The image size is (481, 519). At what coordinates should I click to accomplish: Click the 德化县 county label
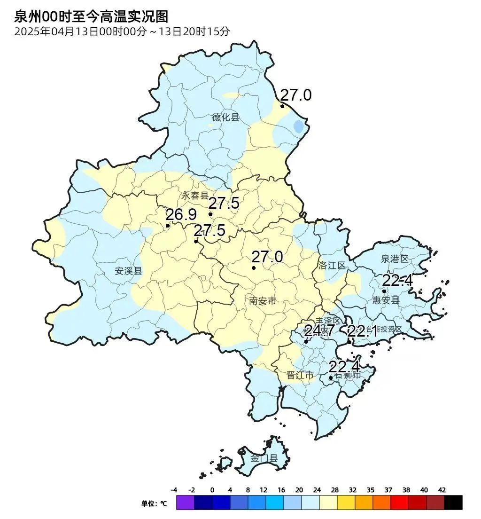tap(225, 117)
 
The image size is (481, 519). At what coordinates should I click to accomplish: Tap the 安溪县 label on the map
tap(128, 271)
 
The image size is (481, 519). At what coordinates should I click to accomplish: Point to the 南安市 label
tap(263, 301)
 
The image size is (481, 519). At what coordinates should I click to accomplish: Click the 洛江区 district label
tap(332, 265)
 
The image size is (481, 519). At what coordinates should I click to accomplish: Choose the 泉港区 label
tap(395, 259)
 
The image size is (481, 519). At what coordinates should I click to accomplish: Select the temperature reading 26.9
tap(181, 215)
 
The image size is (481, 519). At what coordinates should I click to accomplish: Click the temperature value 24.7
tap(319, 330)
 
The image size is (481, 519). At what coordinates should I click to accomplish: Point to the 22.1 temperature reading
tap(362, 331)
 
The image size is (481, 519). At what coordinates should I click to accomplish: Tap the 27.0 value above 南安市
tap(267, 257)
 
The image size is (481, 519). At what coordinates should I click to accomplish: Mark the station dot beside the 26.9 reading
tap(168, 226)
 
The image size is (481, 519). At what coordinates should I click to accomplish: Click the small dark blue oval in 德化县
tap(298, 126)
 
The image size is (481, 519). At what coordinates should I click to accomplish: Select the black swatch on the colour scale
tap(453, 503)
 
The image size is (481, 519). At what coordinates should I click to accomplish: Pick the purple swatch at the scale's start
tap(185, 503)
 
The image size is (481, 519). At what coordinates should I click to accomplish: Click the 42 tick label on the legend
tap(442, 490)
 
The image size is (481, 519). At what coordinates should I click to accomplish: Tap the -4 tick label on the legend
tap(174, 490)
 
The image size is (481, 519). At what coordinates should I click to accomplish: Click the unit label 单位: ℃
tap(154, 503)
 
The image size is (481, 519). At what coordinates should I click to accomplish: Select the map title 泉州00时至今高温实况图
tap(91, 17)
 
